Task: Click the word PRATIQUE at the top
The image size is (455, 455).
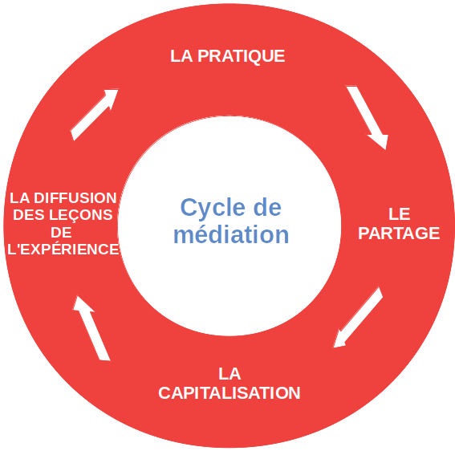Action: point(241,56)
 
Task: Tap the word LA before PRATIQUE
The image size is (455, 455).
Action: point(181,56)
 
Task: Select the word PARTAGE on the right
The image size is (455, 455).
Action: point(399,233)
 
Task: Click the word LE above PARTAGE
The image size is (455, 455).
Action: point(400,214)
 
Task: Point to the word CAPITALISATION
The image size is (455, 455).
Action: point(230,393)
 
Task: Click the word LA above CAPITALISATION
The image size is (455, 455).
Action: point(230,374)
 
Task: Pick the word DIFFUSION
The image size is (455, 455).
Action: point(75,198)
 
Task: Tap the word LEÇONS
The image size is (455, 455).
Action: point(81,215)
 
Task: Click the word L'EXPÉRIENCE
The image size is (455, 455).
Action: point(63,249)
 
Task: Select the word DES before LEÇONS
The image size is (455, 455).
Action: point(29,215)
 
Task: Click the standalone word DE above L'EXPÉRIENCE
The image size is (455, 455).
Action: point(61,232)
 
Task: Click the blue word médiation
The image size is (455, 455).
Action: point(231,234)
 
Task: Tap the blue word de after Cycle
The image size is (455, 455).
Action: point(267,207)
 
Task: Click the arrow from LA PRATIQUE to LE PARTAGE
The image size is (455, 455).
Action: point(368,117)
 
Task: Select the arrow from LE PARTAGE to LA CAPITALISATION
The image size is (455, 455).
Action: point(358,317)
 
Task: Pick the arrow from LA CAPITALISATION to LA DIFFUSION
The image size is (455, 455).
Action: point(91,328)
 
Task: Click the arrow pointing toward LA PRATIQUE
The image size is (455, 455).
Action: point(95,115)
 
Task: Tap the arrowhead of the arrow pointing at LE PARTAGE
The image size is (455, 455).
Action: point(380,141)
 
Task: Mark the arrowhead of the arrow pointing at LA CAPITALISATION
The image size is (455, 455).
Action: point(339,339)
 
